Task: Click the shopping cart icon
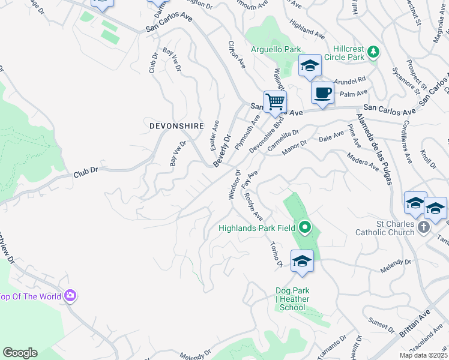pos(275,101)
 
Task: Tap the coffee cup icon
pos(322,93)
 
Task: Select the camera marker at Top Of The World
pos(70,295)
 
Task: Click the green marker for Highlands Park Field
pos(304,227)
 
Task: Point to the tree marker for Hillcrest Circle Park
pos(373,52)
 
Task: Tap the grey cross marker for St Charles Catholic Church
pos(424,227)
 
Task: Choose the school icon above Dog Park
pos(302,261)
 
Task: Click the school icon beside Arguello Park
pos(309,66)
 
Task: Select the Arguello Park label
pos(276,49)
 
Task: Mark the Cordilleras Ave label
pos(400,145)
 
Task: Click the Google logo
pos(20,352)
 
